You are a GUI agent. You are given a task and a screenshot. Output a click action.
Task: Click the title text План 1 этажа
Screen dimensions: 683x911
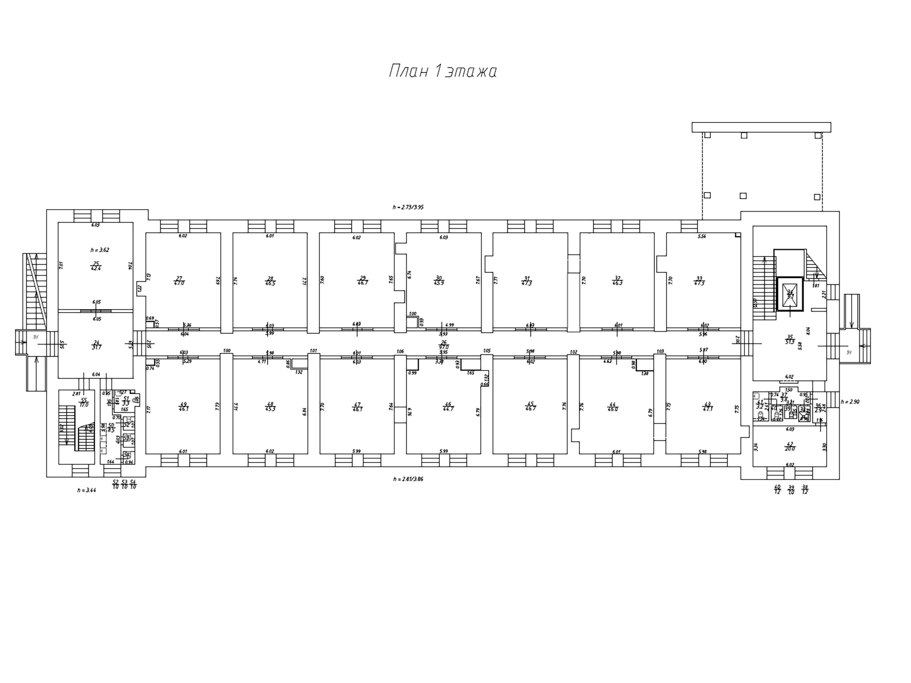443,72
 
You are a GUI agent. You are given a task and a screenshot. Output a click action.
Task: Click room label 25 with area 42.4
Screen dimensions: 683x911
96,266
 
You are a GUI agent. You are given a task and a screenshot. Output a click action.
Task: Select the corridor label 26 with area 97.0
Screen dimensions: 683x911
444,344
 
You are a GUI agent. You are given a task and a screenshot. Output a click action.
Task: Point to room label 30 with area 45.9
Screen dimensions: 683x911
439,280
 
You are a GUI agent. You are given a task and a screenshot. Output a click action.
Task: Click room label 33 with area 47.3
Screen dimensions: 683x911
699,280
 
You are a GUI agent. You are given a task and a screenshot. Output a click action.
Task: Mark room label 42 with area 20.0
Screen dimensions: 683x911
790,446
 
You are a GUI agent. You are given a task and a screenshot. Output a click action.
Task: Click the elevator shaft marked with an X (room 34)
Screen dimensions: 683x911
790,295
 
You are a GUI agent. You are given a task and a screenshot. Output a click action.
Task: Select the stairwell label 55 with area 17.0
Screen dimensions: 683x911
84,403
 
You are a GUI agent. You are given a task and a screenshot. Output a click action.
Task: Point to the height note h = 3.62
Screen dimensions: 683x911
100,250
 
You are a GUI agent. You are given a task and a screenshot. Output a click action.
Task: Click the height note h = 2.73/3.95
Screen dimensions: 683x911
408,207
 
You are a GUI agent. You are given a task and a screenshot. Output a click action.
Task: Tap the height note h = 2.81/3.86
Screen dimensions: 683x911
408,479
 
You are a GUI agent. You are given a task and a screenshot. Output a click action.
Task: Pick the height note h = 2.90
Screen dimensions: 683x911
850,402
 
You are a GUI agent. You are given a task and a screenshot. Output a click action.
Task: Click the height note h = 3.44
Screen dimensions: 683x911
87,490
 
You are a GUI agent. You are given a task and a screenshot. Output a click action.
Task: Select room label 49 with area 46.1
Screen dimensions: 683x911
183,406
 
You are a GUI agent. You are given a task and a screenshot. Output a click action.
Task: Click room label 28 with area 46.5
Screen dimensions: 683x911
270,280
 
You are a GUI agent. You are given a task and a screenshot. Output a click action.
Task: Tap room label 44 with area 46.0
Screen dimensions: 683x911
613,406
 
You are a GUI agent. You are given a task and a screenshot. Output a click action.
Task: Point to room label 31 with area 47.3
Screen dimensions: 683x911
527,280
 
